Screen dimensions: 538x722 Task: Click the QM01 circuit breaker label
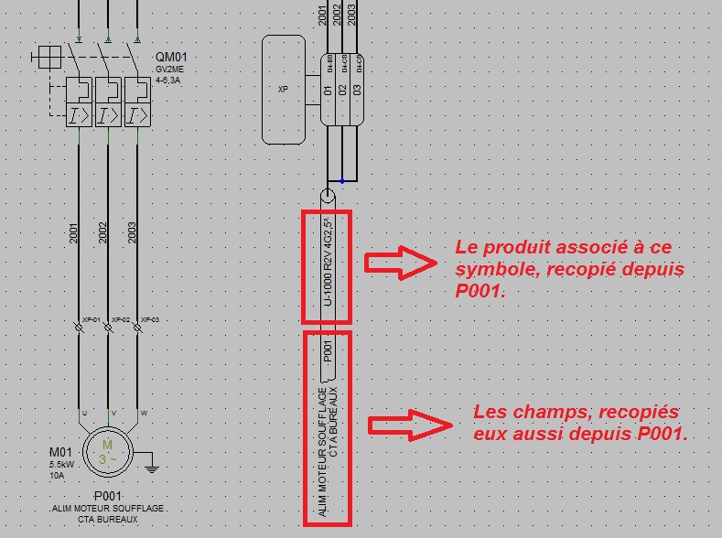click(167, 58)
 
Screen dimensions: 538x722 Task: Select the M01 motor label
click(59, 453)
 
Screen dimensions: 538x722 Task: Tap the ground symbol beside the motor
click(153, 469)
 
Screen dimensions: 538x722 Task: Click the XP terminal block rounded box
click(284, 90)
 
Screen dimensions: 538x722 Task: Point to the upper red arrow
click(400, 263)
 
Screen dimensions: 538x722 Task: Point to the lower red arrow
click(409, 425)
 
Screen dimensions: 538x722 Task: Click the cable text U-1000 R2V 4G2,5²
click(327, 267)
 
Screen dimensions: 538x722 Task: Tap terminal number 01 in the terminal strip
click(328, 90)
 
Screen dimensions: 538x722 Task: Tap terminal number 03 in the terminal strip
click(358, 90)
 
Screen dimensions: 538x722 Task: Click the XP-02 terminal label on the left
click(120, 320)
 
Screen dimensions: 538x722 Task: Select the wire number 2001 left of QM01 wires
click(73, 233)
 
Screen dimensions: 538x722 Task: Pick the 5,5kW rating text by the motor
click(63, 465)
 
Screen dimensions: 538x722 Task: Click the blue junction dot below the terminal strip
click(342, 180)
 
